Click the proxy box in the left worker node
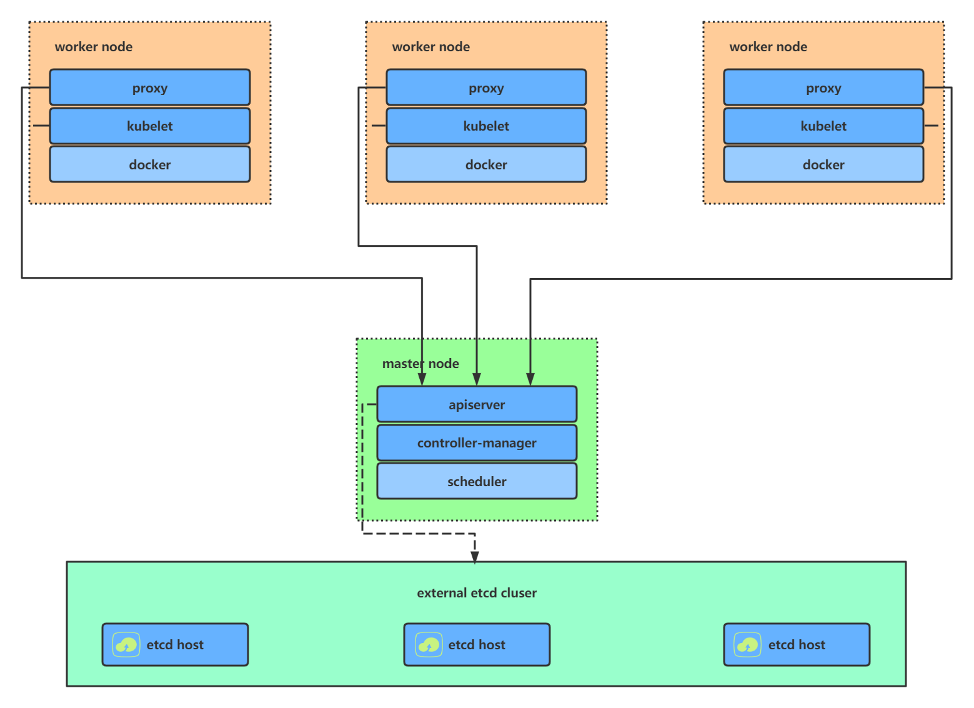[x=149, y=87]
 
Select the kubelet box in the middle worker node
[x=486, y=126]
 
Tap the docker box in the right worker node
[x=823, y=164]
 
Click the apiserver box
[x=477, y=404]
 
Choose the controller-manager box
[x=477, y=443]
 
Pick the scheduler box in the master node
[x=477, y=481]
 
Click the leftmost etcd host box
[x=175, y=644]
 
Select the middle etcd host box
[x=477, y=644]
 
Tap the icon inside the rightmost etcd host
[x=747, y=644]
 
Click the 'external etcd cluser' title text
[x=477, y=593]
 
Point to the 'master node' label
[x=420, y=364]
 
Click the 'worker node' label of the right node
[x=768, y=47]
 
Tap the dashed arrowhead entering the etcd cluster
[x=475, y=556]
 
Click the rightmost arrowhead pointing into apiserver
[x=530, y=379]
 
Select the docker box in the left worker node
[x=149, y=164]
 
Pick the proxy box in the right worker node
[x=823, y=87]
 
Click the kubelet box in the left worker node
[x=149, y=126]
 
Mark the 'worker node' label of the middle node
[x=430, y=47]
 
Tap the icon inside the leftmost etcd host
[x=126, y=644]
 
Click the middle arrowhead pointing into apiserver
[x=477, y=379]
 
